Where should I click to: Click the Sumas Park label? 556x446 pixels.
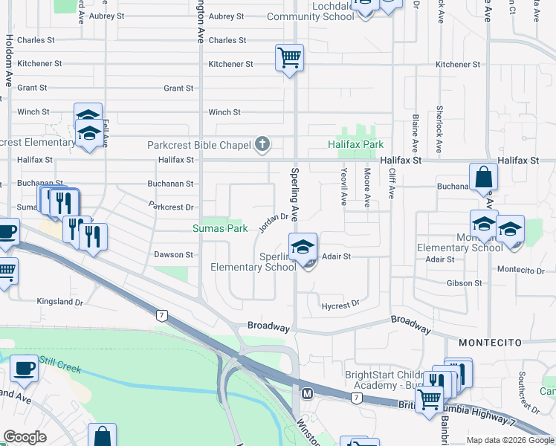220,228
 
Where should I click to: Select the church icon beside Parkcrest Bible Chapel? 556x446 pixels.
262,143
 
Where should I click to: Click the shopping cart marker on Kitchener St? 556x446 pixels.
288,58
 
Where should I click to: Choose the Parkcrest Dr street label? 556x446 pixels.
171,206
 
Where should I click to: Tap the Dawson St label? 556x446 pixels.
173,254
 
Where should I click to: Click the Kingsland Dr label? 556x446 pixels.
61,302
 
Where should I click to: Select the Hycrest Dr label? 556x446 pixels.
340,304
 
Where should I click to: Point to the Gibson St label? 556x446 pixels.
465,283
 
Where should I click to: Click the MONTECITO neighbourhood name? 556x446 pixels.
488,343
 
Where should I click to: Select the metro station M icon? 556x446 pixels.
306,392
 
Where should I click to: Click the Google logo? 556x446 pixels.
25,438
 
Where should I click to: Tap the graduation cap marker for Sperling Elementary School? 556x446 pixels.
303,247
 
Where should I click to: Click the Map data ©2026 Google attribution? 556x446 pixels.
510,440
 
